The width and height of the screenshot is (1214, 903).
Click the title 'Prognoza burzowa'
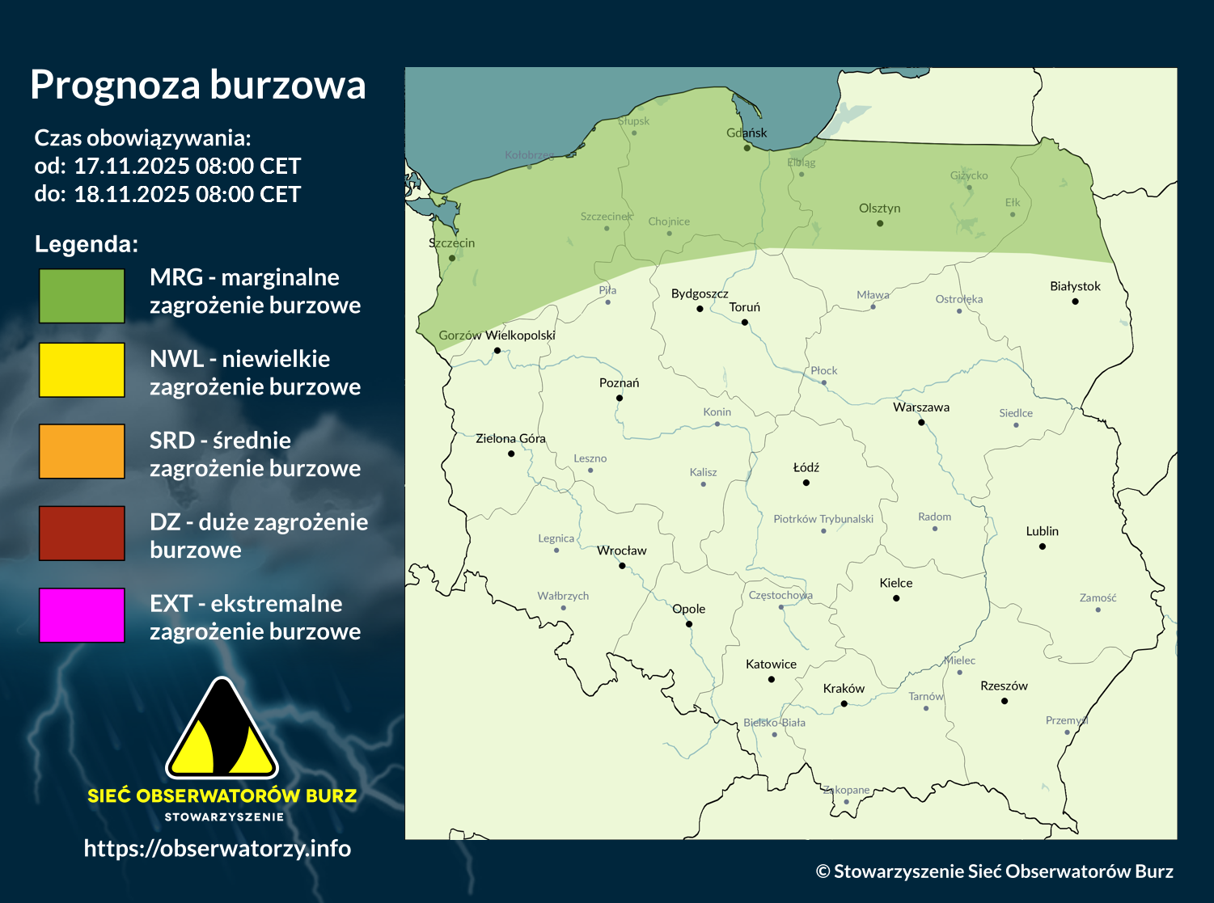[x=198, y=85]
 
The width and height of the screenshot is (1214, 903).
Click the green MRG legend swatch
[x=82, y=296]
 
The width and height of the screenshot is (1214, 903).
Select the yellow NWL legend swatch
[x=82, y=369]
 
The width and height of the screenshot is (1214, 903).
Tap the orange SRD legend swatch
[x=82, y=451]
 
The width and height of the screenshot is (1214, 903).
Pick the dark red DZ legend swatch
[x=82, y=533]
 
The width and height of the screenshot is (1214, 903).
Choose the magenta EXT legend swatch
[x=82, y=615]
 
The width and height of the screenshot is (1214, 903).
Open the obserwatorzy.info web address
[x=218, y=848]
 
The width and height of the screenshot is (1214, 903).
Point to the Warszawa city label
[x=921, y=407]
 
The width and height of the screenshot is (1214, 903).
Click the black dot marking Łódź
[x=806, y=483]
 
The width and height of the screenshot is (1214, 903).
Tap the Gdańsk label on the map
[x=747, y=133]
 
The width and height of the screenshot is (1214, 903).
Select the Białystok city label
[x=1075, y=286]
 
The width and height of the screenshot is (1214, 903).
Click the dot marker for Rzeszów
[x=1005, y=701]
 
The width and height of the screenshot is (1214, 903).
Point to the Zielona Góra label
[x=510, y=438]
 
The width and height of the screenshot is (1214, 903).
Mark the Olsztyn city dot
[x=880, y=223]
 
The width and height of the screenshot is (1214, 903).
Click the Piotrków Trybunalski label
[x=823, y=519]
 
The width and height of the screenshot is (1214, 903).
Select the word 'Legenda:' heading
[x=87, y=244]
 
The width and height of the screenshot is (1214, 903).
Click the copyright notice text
[x=994, y=871]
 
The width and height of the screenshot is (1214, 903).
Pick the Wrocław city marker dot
[x=622, y=566]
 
